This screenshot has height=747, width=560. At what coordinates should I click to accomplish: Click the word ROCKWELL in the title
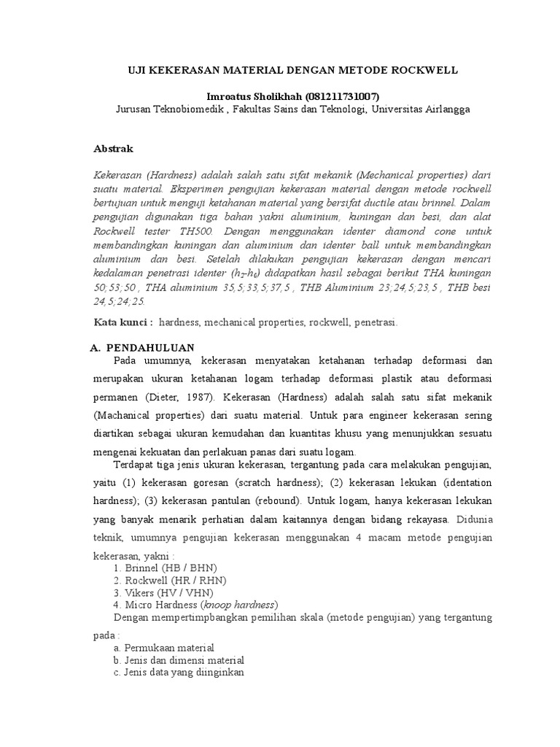422,71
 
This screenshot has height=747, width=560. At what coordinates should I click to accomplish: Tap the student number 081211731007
337,96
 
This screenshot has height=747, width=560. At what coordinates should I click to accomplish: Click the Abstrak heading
114,148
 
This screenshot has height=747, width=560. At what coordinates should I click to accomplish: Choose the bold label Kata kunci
123,322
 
